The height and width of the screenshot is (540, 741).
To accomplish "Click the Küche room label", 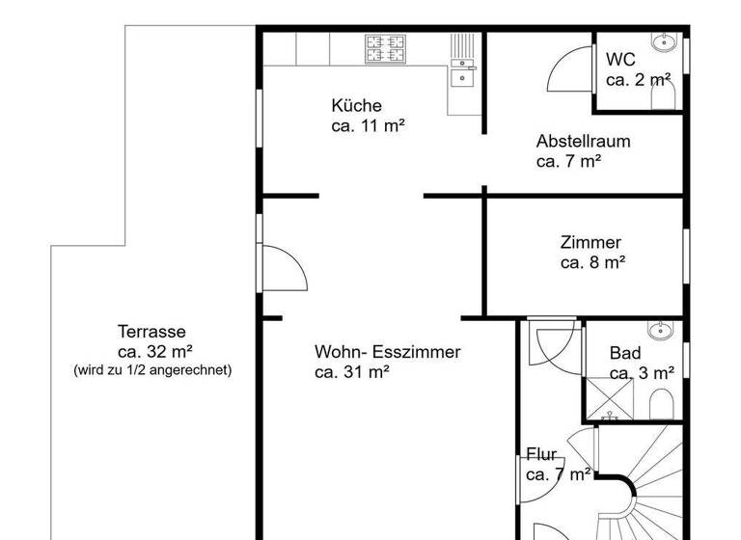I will [356, 106].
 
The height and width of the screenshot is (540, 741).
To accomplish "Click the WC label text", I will [620, 60].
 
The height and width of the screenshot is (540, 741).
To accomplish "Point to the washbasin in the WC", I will [665, 43].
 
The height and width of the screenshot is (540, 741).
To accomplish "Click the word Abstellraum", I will [583, 141].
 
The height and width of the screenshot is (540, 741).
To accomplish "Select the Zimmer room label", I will [590, 243].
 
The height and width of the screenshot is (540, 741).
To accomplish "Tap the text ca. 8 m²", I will [592, 262].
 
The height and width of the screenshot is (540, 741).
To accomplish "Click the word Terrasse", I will [152, 332].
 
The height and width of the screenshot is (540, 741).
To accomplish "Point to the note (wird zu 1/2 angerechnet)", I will [152, 369].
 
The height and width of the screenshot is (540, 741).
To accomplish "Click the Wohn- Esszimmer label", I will [387, 352].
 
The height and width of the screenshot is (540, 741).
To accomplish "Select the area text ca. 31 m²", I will [352, 371].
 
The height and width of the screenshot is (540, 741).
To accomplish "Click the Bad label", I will [625, 354].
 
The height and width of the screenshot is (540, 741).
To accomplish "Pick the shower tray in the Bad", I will [609, 397].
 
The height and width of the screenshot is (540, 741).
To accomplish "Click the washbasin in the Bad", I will [662, 332].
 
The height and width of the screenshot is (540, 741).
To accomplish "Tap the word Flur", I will [541, 455].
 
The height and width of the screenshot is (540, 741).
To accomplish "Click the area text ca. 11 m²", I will [368, 125].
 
